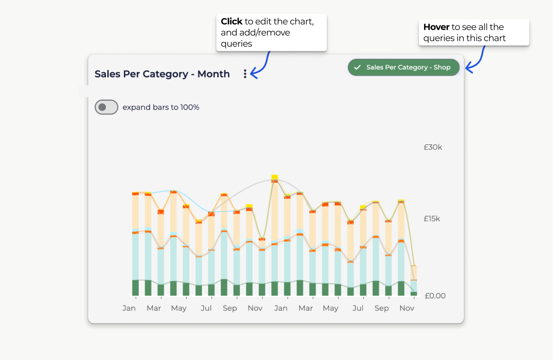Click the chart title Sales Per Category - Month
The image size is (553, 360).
click(162, 74)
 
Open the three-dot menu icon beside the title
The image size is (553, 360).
click(245, 74)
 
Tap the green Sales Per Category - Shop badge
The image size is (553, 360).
click(404, 68)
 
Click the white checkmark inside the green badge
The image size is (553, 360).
click(357, 68)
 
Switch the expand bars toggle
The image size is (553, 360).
click(106, 107)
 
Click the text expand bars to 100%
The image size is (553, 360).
click(161, 107)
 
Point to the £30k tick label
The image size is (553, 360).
click(433, 147)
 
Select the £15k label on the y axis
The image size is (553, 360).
click(432, 218)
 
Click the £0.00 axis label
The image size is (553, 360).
click(435, 296)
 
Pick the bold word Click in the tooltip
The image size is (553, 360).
click(232, 22)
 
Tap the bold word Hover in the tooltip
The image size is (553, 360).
click(436, 27)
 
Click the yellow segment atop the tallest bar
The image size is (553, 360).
click(275, 177)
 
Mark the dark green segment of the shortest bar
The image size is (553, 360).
click(414, 293)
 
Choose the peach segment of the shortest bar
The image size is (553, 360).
click(414, 273)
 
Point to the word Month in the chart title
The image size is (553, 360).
click(214, 74)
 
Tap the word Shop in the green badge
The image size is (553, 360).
click(442, 68)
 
